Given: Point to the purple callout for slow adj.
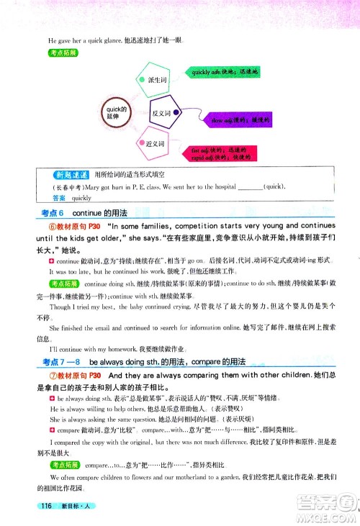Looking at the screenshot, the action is [230, 117].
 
